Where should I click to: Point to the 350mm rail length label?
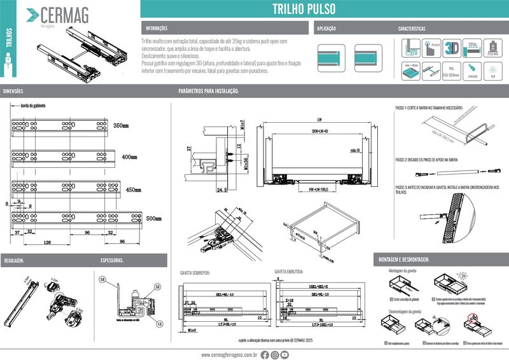120,125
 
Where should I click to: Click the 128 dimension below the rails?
48,242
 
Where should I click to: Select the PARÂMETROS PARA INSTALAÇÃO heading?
208,92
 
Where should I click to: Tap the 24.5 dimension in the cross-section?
221,190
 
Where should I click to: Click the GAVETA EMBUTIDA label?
289,271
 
